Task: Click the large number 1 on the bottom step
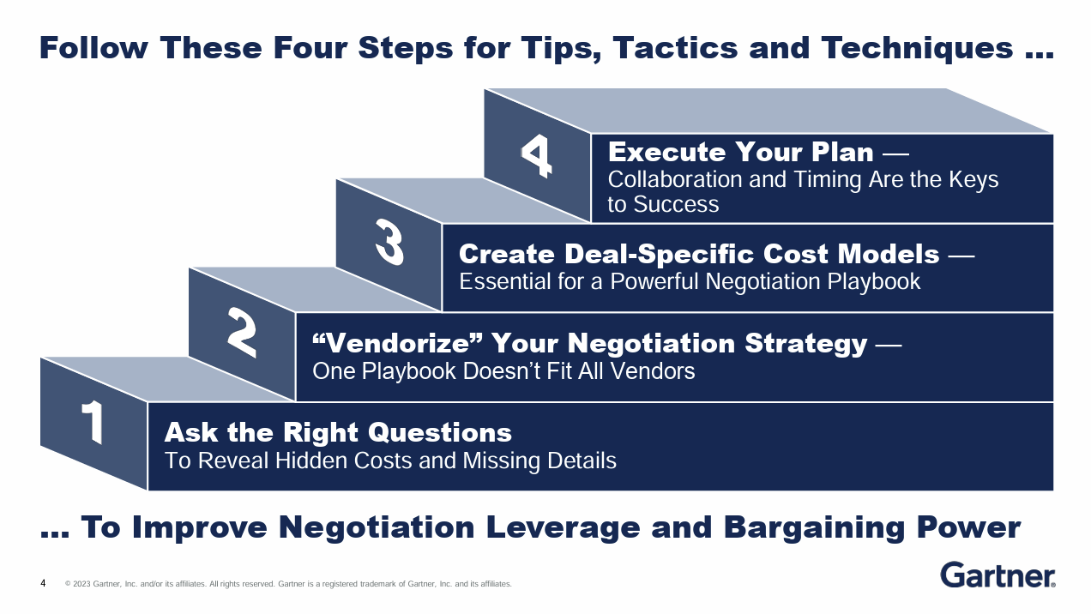93,422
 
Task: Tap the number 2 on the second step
242,332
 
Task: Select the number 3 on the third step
389,242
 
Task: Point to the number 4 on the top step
537,156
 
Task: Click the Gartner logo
998,575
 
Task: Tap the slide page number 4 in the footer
43,583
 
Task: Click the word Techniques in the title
917,49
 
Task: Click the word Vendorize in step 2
398,343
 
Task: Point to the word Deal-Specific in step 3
660,254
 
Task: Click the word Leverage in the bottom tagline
563,527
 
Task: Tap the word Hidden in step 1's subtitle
310,460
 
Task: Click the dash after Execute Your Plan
895,153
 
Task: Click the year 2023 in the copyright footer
81,583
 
